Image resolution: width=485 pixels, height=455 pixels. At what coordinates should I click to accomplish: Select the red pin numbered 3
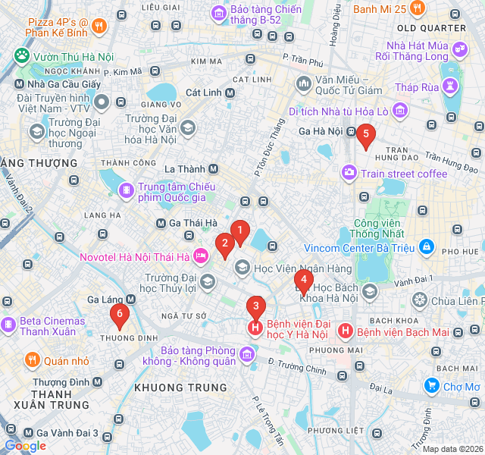[255, 308]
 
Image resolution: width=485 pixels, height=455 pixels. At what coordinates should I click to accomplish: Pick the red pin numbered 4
[304, 281]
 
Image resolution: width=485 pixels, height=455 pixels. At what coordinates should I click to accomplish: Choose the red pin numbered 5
[366, 136]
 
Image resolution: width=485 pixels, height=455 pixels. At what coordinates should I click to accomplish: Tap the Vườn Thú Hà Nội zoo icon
[21, 55]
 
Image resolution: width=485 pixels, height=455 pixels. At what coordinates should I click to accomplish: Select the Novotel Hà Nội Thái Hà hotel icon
[201, 256]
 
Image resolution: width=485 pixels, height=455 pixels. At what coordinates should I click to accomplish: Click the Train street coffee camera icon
[349, 173]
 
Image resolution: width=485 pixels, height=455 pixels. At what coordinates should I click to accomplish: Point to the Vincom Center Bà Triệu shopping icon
[427, 248]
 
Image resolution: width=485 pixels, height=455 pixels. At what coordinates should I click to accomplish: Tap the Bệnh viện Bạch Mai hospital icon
[346, 331]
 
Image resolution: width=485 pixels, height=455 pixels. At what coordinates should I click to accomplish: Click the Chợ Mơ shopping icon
[432, 386]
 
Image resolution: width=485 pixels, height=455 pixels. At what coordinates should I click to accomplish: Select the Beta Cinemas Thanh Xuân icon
[8, 325]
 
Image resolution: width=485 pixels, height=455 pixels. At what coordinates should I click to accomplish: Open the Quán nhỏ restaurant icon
[32, 359]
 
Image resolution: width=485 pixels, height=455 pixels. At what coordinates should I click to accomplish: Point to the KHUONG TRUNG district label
[169, 388]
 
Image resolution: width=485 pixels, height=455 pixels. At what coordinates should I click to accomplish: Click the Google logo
[25, 446]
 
